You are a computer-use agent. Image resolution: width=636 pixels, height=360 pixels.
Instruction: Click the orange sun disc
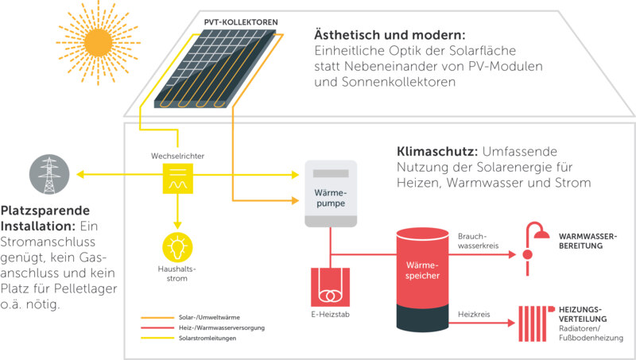pyautogui.click(x=98, y=43)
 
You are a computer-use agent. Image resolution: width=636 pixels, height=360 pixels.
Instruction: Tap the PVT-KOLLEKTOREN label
pyautogui.click(x=241, y=22)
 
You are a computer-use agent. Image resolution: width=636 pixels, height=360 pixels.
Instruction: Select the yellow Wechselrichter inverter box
pyautogui.click(x=177, y=178)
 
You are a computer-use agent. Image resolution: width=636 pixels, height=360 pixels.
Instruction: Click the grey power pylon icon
pyautogui.click(x=49, y=174)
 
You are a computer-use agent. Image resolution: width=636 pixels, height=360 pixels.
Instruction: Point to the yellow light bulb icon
pyautogui.click(x=177, y=247)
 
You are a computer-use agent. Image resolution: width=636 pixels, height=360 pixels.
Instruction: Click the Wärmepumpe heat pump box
pyautogui.click(x=331, y=193)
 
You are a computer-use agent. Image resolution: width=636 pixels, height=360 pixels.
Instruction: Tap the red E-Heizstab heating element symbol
pyautogui.click(x=330, y=287)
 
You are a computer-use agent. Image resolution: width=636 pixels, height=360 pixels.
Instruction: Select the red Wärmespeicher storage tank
pyautogui.click(x=422, y=280)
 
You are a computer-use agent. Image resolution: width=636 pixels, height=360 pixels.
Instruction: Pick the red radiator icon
pyautogui.click(x=535, y=323)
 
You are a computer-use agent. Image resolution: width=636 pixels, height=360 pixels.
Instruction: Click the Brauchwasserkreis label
pyautogui.click(x=479, y=241)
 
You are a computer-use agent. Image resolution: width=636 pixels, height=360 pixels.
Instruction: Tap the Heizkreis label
pyautogui.click(x=474, y=314)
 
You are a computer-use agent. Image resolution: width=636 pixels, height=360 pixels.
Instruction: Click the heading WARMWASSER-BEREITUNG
pyautogui.click(x=588, y=241)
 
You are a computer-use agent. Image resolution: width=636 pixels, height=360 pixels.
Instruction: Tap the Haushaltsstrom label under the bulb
pyautogui.click(x=176, y=273)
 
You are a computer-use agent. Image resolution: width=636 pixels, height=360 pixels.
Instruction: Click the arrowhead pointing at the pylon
pyautogui.click(x=80, y=174)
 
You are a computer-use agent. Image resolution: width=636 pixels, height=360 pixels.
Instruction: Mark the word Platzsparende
pyautogui.click(x=45, y=211)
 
